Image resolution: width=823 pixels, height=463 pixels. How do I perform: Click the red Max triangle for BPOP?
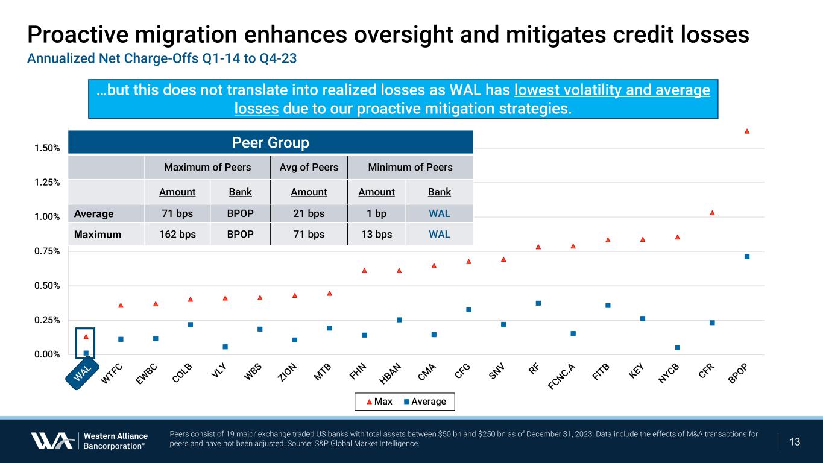click(746, 131)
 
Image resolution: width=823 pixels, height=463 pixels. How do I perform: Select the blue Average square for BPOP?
click(746, 257)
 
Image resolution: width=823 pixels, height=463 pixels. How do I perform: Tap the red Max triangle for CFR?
click(712, 213)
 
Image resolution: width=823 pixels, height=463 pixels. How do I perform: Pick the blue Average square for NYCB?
click(677, 347)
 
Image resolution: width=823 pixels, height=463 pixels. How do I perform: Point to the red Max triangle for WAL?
click(86, 336)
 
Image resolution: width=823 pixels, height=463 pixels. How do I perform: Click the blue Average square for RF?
click(538, 303)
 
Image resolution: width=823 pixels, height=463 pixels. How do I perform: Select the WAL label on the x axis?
click(83, 373)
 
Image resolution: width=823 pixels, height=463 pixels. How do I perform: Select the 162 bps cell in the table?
click(178, 234)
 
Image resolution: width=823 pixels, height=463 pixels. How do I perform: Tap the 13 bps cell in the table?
click(376, 234)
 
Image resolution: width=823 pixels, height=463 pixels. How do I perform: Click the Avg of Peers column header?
click(309, 167)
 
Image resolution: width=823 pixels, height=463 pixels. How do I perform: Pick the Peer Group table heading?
click(270, 143)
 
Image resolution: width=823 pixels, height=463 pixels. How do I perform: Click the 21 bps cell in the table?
click(309, 213)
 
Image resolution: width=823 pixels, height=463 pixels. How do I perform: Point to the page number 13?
click(795, 442)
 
